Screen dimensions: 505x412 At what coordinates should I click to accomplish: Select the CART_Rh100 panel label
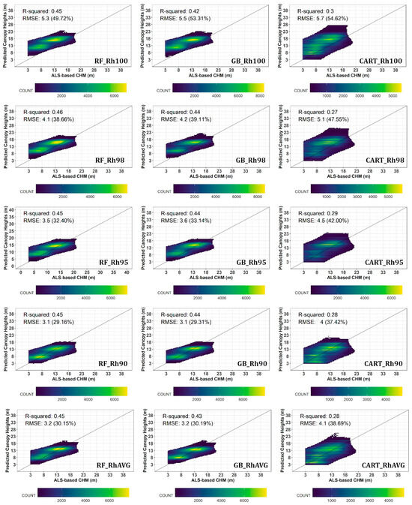tap(378, 61)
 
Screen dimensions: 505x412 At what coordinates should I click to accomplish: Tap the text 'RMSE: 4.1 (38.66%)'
tap(58, 120)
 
